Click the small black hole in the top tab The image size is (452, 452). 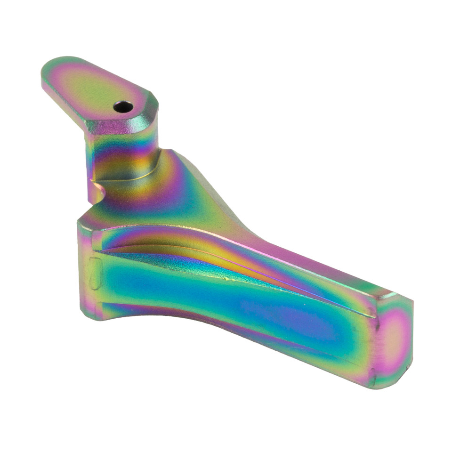tap(123, 107)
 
